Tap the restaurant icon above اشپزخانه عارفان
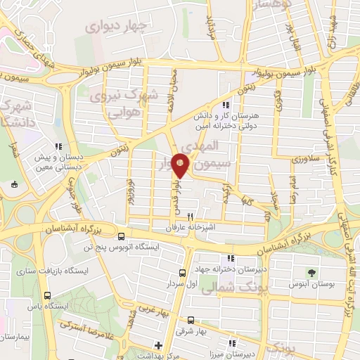pyautogui.click(x=189, y=218)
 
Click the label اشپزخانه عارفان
pyautogui.click(x=189, y=229)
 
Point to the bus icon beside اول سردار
pyautogui.click(x=183, y=273)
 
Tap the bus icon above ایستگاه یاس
pyautogui.click(x=48, y=295)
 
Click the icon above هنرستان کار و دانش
pyautogui.click(x=226, y=105)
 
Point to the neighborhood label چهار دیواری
pyautogui.click(x=115, y=26)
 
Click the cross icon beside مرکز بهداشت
pyautogui.click(x=159, y=345)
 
